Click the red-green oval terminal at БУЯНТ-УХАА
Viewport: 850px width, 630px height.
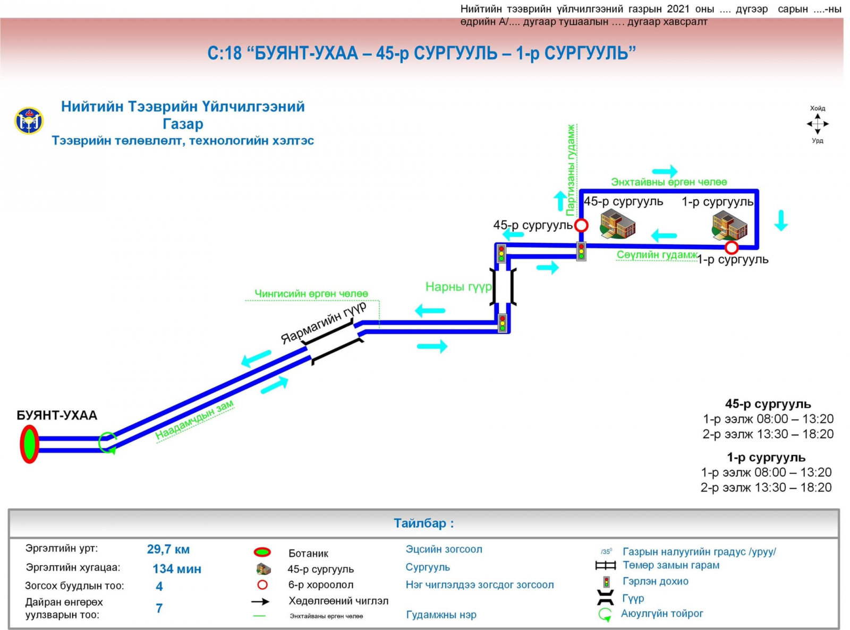29,444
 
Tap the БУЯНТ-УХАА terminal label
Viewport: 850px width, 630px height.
57,415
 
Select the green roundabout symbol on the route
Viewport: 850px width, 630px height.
108,443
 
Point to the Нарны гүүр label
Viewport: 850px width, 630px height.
458,287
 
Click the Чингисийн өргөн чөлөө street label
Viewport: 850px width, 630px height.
311,294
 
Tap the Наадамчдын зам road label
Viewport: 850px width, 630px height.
194,420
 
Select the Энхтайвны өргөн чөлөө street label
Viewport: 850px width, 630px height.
669,182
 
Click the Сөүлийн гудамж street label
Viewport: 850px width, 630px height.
657,255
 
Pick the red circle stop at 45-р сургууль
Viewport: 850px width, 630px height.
581,225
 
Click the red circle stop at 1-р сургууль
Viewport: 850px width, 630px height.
732,248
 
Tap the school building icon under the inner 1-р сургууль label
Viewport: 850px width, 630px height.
729,225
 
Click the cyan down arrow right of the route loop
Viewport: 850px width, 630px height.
781,220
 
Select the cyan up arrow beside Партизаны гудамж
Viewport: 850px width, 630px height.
560,201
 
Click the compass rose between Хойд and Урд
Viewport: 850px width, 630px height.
818,124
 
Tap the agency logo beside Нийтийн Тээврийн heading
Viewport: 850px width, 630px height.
29,121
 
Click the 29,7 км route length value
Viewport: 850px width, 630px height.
168,549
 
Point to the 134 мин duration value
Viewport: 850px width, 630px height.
177,569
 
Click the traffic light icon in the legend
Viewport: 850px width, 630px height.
606,582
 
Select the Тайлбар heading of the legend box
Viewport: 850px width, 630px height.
423,523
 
